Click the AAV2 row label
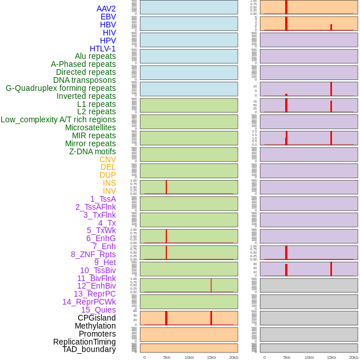(106, 9)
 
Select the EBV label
(108, 17)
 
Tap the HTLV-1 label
(103, 49)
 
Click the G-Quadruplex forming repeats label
(61, 88)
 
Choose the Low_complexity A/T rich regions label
(58, 120)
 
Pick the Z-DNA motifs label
(93, 151)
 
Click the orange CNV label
(107, 159)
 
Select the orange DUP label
(107, 175)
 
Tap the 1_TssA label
(103, 199)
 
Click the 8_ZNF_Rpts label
(93, 254)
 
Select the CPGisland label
(97, 318)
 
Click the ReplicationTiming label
(85, 342)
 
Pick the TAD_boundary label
(89, 349)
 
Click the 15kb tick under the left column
(211, 357)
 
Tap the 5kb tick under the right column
(286, 357)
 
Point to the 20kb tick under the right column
(354, 357)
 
